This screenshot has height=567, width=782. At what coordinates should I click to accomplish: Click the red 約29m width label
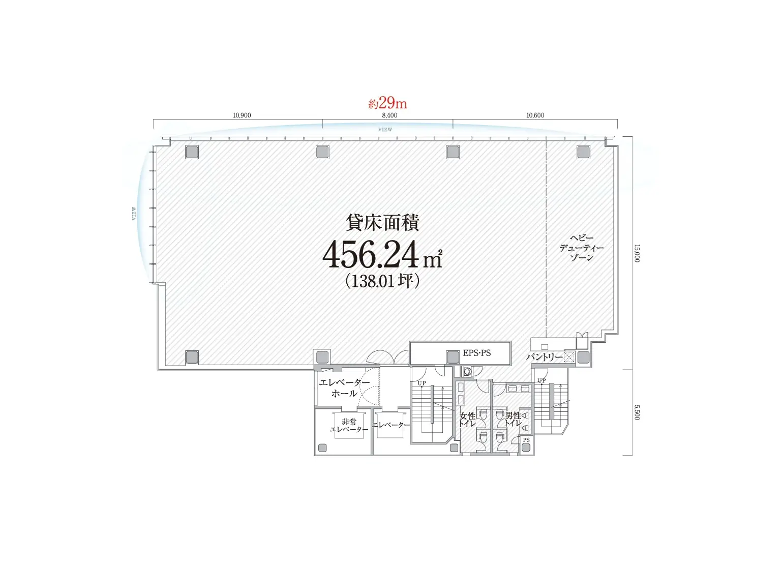pos(387,103)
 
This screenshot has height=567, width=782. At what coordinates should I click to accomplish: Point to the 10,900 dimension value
pos(242,115)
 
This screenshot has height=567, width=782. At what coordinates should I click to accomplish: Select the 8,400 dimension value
pos(389,115)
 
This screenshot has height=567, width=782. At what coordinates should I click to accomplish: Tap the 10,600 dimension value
pos(535,115)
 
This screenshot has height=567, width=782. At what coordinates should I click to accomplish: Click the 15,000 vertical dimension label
pos(637,253)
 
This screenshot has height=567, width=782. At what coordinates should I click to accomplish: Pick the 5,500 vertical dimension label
pos(637,412)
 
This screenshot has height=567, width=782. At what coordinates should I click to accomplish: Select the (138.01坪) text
pos(382,281)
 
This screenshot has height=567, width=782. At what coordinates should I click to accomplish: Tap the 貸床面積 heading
pos(382,223)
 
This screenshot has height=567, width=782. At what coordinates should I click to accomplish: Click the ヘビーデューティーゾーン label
pos(582,248)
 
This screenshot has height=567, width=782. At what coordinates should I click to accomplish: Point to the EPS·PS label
pos(476,353)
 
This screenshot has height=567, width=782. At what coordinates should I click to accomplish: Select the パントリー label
pos(544,357)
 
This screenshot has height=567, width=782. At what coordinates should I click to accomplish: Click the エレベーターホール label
pos(344,387)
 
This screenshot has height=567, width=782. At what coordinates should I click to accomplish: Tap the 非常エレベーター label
pos(349,426)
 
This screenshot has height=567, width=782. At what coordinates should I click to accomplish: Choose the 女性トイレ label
pos(467,420)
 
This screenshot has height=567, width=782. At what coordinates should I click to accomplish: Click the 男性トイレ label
pos(513,420)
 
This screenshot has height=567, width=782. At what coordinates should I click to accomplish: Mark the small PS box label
pos(526,440)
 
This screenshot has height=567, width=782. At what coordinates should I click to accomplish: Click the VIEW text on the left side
pos(134,213)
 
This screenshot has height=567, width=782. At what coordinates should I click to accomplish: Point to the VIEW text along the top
pos(385,130)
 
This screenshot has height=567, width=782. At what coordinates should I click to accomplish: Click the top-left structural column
pos(192,152)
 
